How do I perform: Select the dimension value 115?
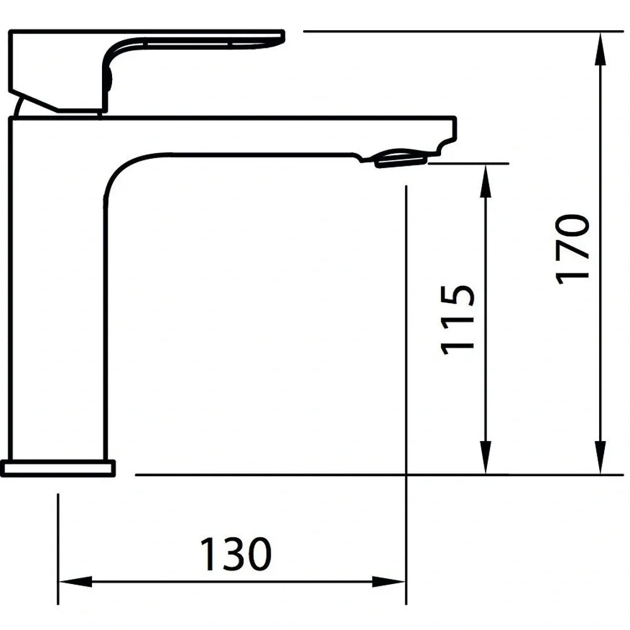[x=457, y=319]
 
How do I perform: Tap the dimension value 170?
[x=573, y=249]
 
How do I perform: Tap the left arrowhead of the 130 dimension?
[x=73, y=581]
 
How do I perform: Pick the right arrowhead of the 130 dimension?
[x=391, y=581]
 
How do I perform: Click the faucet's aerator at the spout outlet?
[x=401, y=158]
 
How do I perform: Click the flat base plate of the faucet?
[x=58, y=468]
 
